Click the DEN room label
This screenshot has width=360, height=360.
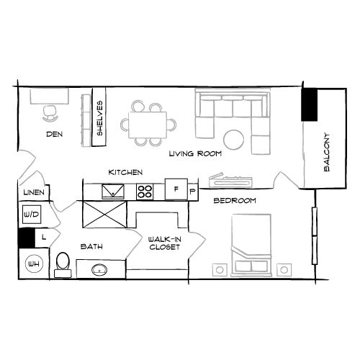[x=53, y=134]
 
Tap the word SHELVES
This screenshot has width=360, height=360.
[x=99, y=117]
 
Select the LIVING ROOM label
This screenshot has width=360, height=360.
[x=195, y=154]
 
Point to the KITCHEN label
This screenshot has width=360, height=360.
[x=125, y=173]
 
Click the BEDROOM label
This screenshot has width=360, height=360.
[x=235, y=201]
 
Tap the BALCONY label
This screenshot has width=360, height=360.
[x=326, y=151]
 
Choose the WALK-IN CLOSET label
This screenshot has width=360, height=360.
[x=163, y=243]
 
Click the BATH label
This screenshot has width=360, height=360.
[x=91, y=247]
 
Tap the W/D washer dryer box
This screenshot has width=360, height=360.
[x=31, y=215]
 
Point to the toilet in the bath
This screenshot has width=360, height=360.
[x=63, y=262]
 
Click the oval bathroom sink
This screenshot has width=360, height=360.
[x=99, y=271]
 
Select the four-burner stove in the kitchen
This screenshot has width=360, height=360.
[x=145, y=192]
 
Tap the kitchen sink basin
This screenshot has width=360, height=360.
[x=112, y=191]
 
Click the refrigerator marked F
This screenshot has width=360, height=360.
[x=175, y=189]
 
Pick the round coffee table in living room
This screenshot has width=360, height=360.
[x=233, y=138]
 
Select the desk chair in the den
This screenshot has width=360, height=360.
[x=50, y=111]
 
